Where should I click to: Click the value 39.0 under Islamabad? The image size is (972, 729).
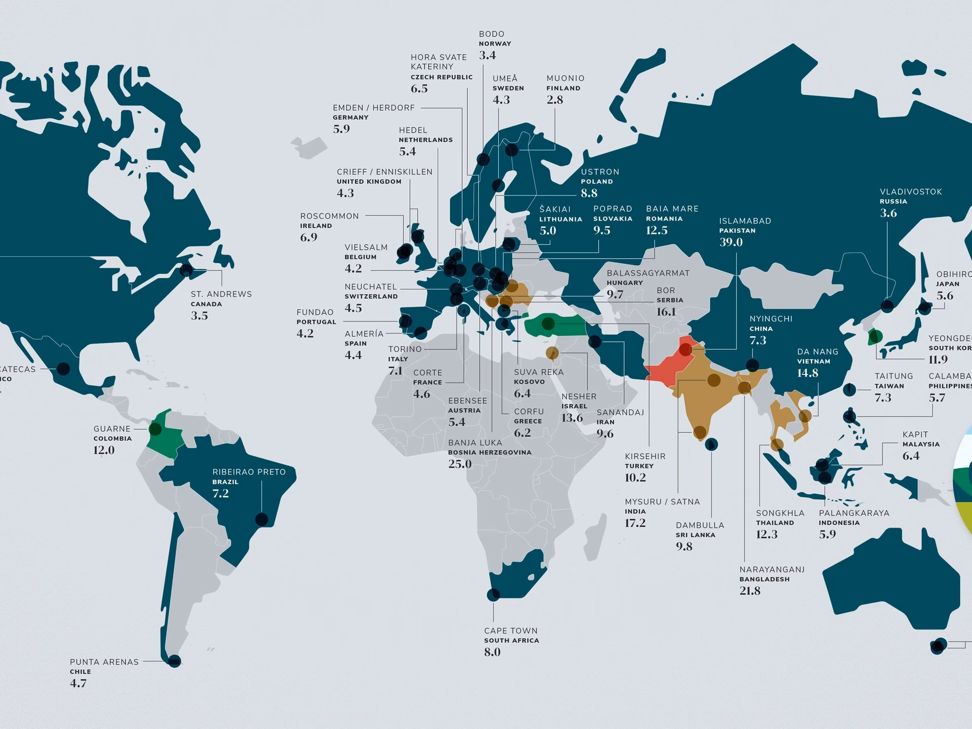(x=731, y=242)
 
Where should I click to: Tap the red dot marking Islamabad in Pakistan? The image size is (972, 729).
(x=685, y=349)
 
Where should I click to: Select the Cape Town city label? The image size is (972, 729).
(x=510, y=631)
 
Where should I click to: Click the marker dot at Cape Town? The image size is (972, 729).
(x=493, y=594)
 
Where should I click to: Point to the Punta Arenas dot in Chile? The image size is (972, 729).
(x=174, y=661)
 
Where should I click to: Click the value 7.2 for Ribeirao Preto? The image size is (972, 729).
(x=220, y=493)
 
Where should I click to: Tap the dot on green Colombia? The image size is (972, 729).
(x=155, y=429)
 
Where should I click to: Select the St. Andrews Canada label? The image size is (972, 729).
(x=221, y=294)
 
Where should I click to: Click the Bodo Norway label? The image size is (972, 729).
(x=492, y=34)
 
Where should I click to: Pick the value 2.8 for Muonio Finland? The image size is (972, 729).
(x=554, y=100)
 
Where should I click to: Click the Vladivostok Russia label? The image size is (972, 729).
(x=910, y=192)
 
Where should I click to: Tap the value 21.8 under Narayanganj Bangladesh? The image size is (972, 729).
(x=750, y=591)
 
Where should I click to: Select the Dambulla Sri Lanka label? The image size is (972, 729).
(x=700, y=525)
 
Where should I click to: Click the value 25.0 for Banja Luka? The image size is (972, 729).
(x=459, y=464)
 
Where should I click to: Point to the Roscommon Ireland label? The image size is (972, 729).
(x=329, y=216)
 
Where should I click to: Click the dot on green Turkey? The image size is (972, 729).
(x=548, y=323)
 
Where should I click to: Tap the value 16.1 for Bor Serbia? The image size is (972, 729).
(x=666, y=312)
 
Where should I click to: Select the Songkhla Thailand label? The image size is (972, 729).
(x=780, y=513)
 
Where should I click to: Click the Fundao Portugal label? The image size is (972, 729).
(x=315, y=312)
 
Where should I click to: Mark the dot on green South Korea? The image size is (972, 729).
(x=874, y=336)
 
